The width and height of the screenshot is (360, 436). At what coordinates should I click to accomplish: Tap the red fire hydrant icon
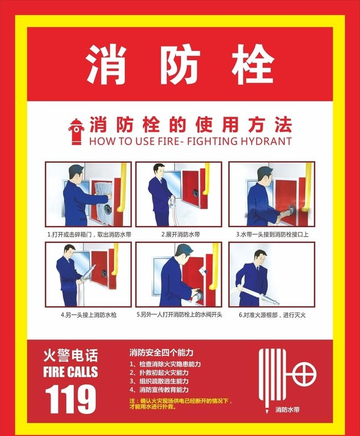pyautogui.click(x=77, y=132)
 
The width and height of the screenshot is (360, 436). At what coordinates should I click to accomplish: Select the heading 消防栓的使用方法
pyautogui.click(x=190, y=124)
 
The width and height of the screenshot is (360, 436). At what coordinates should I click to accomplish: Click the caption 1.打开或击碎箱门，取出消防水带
pyautogui.click(x=88, y=234)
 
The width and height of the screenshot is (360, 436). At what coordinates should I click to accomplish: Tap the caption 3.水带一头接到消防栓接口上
pyautogui.click(x=272, y=234)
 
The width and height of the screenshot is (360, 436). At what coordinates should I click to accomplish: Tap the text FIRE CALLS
pyautogui.click(x=70, y=372)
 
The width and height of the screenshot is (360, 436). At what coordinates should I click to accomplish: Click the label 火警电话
pyautogui.click(x=70, y=355)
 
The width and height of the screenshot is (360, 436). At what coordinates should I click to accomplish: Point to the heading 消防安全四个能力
pyautogui.click(x=161, y=353)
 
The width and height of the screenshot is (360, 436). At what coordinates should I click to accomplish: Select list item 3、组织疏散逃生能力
pyautogui.click(x=159, y=382)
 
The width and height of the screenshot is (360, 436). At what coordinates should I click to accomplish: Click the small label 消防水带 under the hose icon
pyautogui.click(x=286, y=410)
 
